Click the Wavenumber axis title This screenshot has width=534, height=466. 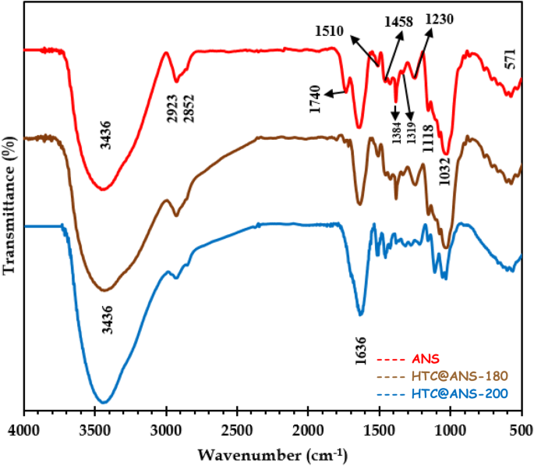click(x=272, y=454)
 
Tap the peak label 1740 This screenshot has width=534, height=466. click(x=316, y=100)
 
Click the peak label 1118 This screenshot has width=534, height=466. click(x=428, y=141)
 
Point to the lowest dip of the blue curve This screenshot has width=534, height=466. click(x=102, y=403)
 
